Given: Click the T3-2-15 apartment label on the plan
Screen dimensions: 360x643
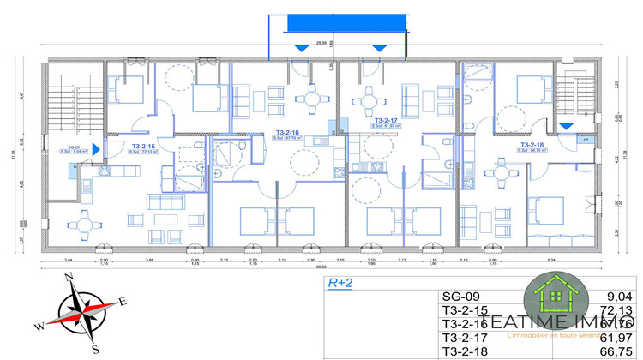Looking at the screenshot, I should (142, 146).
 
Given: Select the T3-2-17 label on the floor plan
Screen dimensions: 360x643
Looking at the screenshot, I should (386, 121).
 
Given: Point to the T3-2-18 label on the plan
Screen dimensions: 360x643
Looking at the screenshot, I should (532, 145).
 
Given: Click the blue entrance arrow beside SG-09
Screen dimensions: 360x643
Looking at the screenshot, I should (96, 150).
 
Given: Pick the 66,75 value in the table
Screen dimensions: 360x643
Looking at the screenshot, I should (619, 351).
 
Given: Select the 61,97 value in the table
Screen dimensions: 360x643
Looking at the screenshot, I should (619, 337).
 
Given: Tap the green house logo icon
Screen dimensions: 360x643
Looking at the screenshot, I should (556, 297).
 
